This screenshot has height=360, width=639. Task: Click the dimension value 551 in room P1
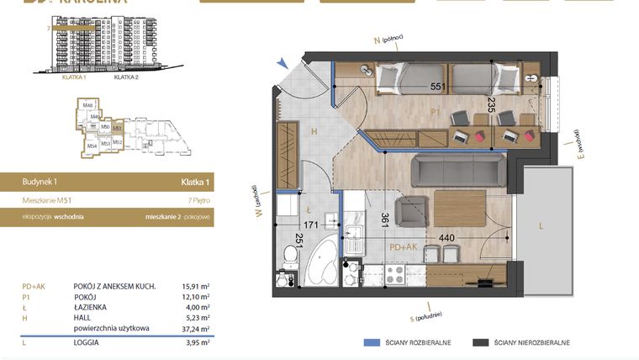pos(437,87)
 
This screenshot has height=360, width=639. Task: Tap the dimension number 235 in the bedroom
pos(492,105)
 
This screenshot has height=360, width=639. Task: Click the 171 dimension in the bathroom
pos(312,225)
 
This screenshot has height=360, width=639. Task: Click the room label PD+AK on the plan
pos(405,248)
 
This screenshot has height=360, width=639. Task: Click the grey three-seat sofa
pos(458,172)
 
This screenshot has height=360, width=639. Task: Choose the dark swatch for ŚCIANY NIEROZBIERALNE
pos(481,342)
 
